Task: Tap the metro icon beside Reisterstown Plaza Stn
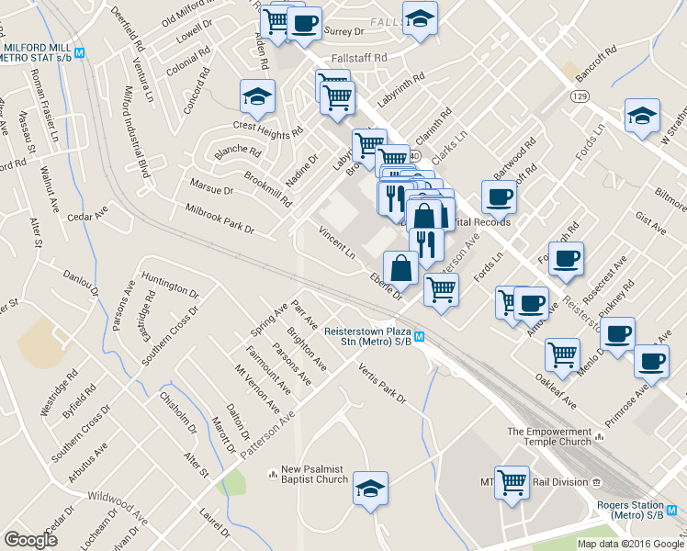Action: (x=419, y=336)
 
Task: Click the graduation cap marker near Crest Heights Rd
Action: (x=258, y=96)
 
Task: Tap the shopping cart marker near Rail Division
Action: (x=512, y=480)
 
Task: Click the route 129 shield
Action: (x=579, y=96)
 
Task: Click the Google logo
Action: (x=30, y=540)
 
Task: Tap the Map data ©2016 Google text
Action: (x=629, y=543)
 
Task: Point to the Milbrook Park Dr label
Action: (x=220, y=219)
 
